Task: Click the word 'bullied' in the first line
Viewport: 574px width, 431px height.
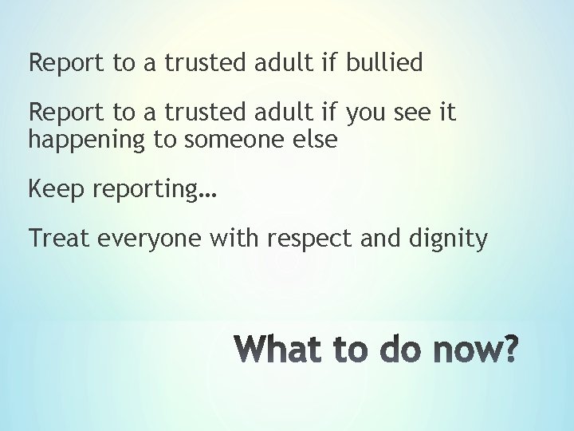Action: tap(383, 63)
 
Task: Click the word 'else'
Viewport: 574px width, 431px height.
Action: tap(316, 140)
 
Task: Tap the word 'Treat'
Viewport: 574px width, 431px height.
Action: tap(59, 239)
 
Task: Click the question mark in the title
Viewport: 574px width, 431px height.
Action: tap(508, 349)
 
